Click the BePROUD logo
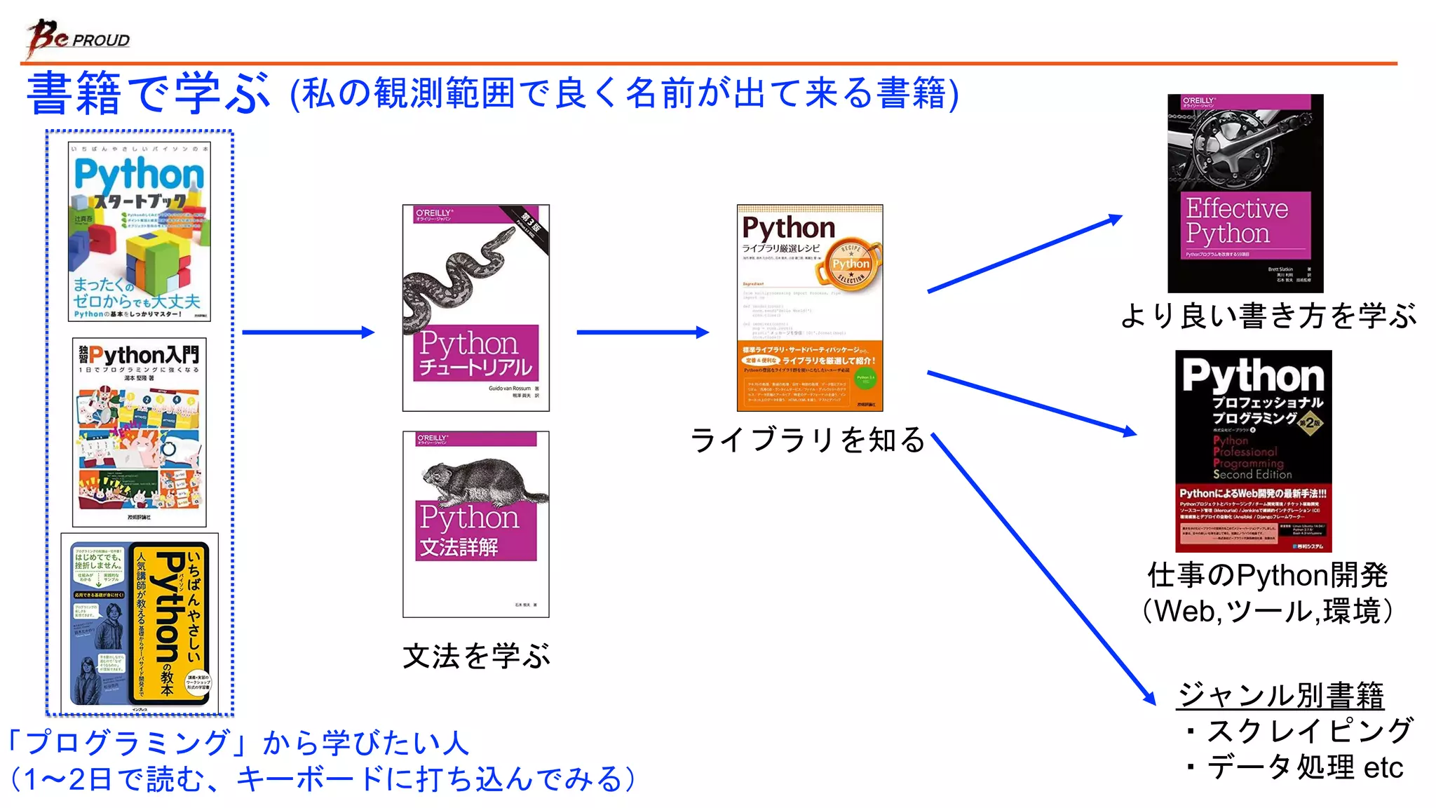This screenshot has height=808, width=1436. [78, 38]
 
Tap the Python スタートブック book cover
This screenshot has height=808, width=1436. [139, 231]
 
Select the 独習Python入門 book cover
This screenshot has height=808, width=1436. [139, 432]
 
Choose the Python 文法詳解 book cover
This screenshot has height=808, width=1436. [475, 524]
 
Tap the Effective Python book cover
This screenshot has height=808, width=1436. [1245, 193]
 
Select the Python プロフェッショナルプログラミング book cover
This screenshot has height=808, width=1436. [1253, 450]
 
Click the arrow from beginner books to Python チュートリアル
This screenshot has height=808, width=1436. [308, 332]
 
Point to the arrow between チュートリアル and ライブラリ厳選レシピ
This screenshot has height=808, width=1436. [642, 332]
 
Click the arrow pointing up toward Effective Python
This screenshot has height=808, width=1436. [1024, 254]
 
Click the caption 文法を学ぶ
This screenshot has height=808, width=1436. [476, 656]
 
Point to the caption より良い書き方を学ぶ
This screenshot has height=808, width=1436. [1268, 316]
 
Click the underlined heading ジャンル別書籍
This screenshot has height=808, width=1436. [1280, 695]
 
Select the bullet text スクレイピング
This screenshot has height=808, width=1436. [1308, 731]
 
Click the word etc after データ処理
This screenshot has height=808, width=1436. [1383, 767]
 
